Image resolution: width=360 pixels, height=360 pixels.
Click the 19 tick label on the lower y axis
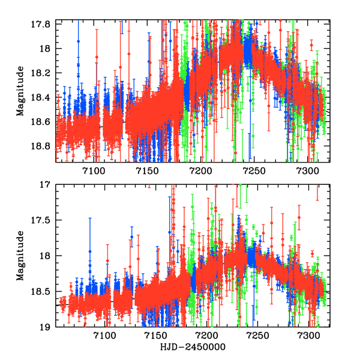48,327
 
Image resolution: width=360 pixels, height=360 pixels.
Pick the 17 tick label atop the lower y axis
48,185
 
